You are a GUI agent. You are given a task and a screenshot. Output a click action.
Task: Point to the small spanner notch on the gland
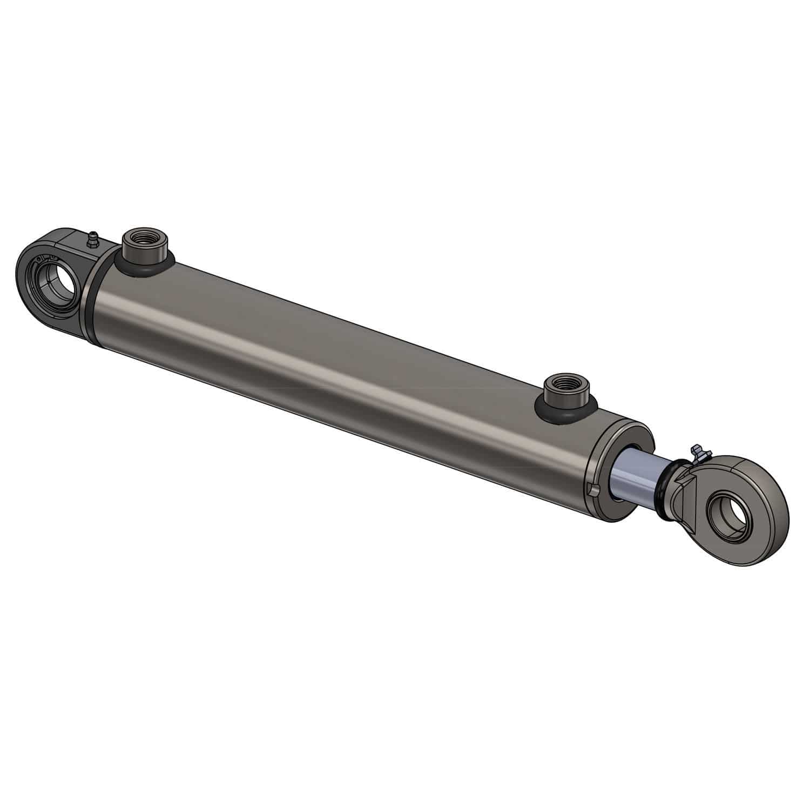coord(592,489)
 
